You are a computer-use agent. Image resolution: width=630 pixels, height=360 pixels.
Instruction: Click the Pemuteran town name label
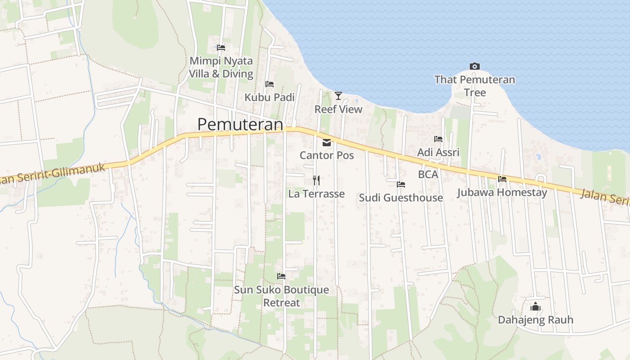[240, 124]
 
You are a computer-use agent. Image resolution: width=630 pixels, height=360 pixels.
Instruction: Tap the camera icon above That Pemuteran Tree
[474, 67]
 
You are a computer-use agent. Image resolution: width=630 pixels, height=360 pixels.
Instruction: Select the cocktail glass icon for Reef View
[338, 95]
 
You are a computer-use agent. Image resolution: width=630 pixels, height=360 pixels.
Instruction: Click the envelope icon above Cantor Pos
[327, 143]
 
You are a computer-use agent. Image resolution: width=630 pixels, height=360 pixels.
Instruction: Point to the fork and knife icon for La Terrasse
[316, 180]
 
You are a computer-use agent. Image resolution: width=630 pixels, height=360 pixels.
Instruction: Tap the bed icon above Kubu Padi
[270, 84]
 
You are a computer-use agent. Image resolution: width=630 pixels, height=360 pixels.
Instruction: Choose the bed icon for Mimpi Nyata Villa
[221, 47]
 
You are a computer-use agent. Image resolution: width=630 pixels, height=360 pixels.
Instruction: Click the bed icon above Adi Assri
[438, 139]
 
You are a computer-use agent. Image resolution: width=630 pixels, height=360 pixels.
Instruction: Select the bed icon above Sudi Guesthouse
[401, 184]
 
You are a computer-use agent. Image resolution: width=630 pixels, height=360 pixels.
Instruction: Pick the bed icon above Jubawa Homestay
[502, 179]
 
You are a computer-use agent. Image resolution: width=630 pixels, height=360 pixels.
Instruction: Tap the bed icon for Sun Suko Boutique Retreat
[281, 276]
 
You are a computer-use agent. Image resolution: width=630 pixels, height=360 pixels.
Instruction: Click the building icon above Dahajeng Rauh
[535, 307]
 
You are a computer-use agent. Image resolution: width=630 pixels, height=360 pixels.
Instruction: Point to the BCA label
[428, 174]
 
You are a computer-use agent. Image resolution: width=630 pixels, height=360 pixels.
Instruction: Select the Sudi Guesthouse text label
[401, 198]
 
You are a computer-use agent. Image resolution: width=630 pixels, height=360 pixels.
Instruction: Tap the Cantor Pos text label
[327, 156]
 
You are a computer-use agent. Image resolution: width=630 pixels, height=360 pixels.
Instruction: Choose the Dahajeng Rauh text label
[535, 320]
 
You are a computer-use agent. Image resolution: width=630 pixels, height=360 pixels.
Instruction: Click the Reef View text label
[338, 109]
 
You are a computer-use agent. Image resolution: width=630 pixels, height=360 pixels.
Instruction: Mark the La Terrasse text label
[316, 194]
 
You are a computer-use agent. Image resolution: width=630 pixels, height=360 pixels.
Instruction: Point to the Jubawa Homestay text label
[502, 193]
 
